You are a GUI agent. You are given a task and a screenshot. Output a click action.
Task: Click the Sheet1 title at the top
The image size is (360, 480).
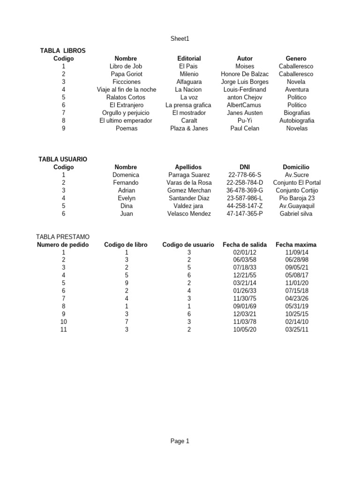[x=180, y=39]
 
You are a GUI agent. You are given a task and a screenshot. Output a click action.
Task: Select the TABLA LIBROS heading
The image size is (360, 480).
[x=63, y=51]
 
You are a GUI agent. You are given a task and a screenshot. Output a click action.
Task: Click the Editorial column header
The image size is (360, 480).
[x=189, y=59]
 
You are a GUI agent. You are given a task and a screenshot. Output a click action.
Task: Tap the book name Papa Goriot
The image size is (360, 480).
[x=126, y=74]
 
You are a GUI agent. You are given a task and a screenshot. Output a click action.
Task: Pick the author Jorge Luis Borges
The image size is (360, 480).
[x=245, y=82]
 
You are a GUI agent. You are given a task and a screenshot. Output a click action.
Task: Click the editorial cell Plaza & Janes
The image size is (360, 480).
[x=189, y=128]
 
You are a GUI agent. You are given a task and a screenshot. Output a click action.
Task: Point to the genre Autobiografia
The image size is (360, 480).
[x=296, y=120]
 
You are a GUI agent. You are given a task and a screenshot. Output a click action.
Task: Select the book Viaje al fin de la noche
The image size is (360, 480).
[x=126, y=90]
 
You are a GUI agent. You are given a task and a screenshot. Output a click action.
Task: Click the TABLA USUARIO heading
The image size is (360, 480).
[x=63, y=159]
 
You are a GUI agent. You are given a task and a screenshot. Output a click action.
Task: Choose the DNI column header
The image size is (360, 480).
[x=245, y=167]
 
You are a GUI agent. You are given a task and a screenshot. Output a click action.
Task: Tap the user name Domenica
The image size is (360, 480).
[x=126, y=175]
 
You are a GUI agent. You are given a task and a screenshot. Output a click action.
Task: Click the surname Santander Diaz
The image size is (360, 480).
[x=189, y=198]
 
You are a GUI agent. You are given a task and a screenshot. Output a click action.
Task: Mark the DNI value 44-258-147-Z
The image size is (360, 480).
[x=245, y=206]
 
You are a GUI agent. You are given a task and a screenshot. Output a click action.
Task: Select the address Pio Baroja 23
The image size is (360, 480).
[x=296, y=198]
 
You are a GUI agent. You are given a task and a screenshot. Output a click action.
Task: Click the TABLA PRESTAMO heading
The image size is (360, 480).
[x=63, y=237]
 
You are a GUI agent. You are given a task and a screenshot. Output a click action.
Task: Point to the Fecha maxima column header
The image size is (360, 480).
[x=296, y=245]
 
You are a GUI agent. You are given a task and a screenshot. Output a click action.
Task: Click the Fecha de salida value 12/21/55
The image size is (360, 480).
[x=245, y=276]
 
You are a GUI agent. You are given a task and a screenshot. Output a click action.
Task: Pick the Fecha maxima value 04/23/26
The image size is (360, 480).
[x=296, y=299]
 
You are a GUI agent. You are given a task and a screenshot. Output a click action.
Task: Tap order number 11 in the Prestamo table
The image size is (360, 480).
[x=63, y=330]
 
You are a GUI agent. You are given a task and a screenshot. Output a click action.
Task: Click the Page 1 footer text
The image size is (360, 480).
[x=180, y=441]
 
